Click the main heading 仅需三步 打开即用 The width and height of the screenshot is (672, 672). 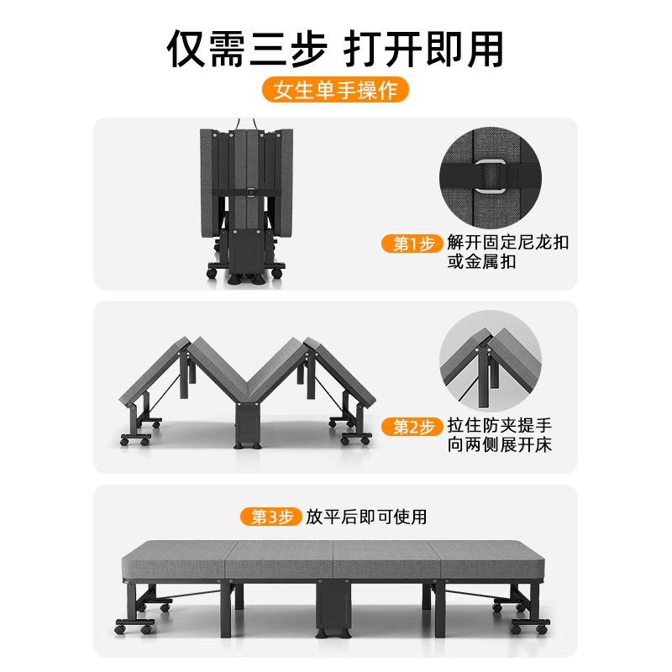[x=336, y=48]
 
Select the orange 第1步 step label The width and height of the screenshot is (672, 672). [x=413, y=244]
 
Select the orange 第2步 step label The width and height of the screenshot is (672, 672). [x=413, y=427]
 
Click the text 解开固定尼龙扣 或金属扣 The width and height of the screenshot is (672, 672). [x=508, y=252]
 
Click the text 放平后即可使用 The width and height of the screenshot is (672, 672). [x=366, y=517]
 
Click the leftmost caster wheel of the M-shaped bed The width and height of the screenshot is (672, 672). [x=126, y=439]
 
